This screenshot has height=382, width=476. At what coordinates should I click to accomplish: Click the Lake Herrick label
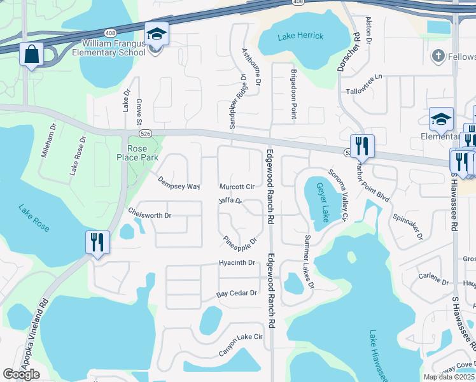tap(300, 37)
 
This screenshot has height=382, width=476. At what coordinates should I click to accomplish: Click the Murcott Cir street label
tap(237, 187)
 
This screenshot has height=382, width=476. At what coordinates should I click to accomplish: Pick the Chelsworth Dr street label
tap(150, 215)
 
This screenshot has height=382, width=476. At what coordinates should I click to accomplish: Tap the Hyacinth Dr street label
tap(236, 262)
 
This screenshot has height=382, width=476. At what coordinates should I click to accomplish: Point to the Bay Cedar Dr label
tap(236, 294)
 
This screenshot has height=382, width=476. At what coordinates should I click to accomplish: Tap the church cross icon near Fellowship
tap(438, 57)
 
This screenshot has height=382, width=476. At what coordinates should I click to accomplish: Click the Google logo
tap(22, 374)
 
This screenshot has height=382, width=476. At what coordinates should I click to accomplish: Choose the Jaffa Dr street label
tap(230, 202)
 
